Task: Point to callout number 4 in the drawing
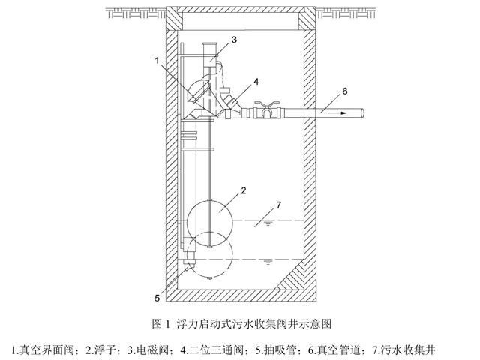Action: pos(256,80)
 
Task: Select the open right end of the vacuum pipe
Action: pos(362,112)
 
